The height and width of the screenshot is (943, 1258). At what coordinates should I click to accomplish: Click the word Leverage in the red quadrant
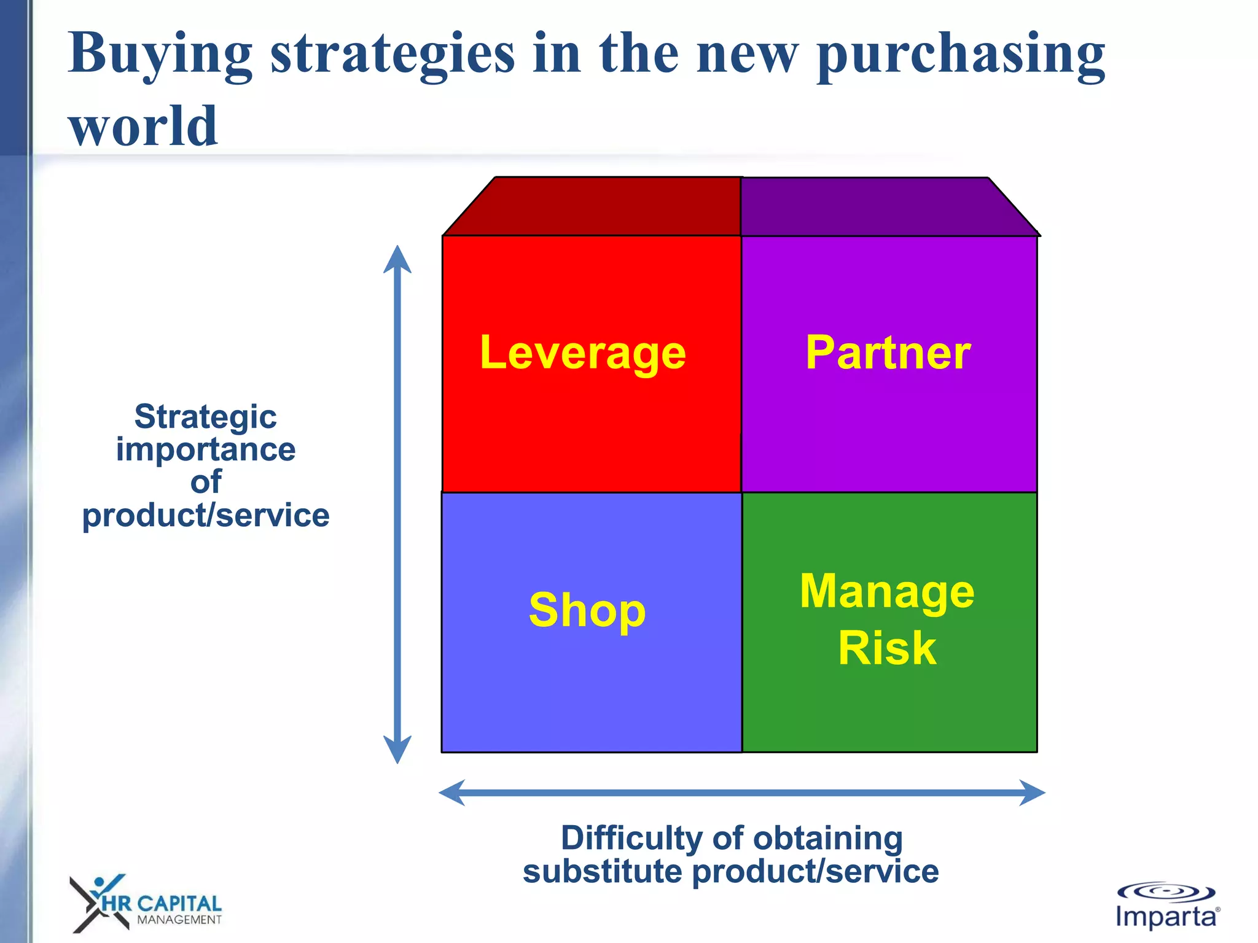click(x=582, y=353)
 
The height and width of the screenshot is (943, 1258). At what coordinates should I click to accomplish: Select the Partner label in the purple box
click(x=888, y=353)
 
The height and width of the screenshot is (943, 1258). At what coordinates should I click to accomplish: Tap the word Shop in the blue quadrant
click(x=587, y=610)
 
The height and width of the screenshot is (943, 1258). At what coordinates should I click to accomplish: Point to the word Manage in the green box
click(x=887, y=591)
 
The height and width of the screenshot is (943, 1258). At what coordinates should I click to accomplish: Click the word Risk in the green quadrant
click(x=887, y=648)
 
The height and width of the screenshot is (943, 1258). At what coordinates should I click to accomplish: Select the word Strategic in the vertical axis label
click(x=205, y=417)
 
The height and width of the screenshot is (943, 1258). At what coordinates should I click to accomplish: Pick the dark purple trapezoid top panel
click(x=878, y=207)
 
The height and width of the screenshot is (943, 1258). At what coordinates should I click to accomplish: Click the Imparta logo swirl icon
click(x=1165, y=891)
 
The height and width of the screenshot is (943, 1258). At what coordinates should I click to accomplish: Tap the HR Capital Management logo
click(x=146, y=904)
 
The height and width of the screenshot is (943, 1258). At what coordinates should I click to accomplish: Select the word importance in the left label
click(x=205, y=449)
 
